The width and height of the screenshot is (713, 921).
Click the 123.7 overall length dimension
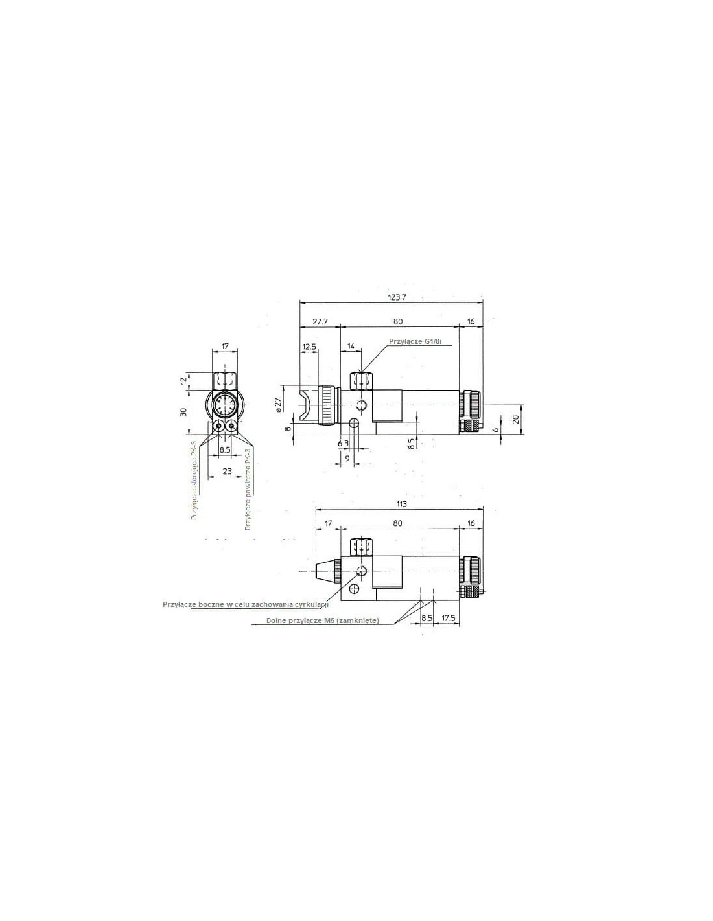tap(397, 297)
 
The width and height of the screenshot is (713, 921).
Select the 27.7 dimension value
tap(320, 321)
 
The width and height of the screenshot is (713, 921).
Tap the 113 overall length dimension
tap(401, 504)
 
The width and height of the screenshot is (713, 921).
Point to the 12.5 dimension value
tap(309, 347)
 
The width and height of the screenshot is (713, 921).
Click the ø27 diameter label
tap(279, 404)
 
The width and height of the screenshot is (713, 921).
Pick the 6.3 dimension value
tap(343, 443)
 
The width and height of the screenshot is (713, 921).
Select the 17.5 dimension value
tap(448, 618)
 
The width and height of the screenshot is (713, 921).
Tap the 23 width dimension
tap(227, 470)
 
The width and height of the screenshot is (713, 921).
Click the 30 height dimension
tap(183, 411)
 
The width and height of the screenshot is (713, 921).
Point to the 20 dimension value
tap(516, 419)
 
